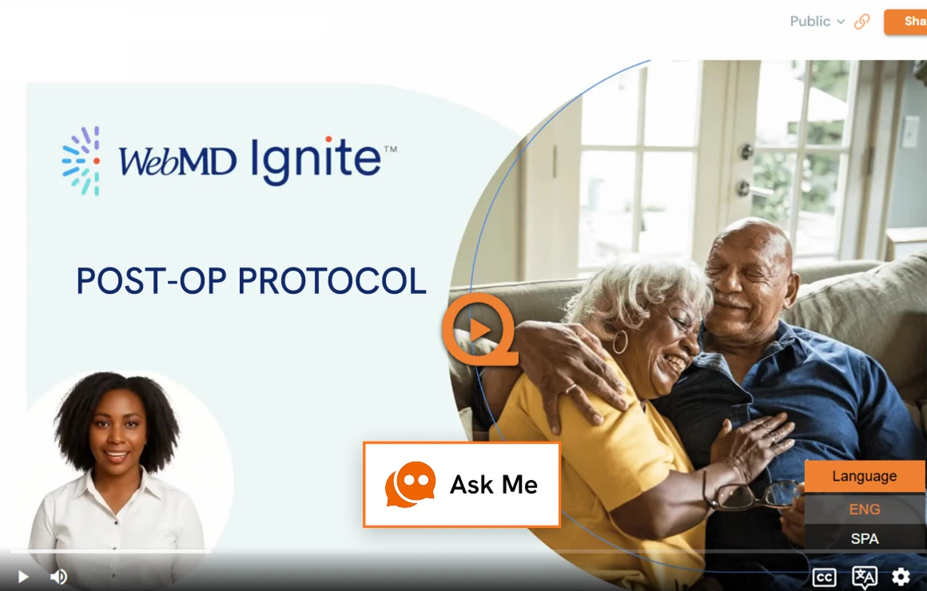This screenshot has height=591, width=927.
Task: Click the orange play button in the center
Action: pyautogui.click(x=479, y=329)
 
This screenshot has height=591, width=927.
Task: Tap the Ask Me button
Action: pyautogui.click(x=462, y=484)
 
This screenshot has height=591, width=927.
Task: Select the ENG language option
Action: pyautogui.click(x=865, y=509)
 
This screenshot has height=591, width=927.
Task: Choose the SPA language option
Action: pyautogui.click(x=865, y=538)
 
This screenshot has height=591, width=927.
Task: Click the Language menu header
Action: pyautogui.click(x=865, y=476)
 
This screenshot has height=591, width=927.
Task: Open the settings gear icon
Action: pyautogui.click(x=901, y=577)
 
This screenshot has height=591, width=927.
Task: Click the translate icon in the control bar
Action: pyautogui.click(x=864, y=577)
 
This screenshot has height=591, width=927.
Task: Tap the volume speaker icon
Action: pyautogui.click(x=58, y=577)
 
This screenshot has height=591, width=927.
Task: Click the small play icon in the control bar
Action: pyautogui.click(x=23, y=577)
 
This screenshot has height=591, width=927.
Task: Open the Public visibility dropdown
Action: pyautogui.click(x=817, y=22)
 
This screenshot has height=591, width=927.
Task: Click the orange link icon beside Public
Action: pyautogui.click(x=861, y=22)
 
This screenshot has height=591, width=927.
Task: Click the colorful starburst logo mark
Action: pyautogui.click(x=82, y=161)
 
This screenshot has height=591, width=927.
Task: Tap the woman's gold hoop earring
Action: pyautogui.click(x=620, y=343)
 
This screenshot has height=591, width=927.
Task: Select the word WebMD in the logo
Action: pyautogui.click(x=177, y=161)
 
